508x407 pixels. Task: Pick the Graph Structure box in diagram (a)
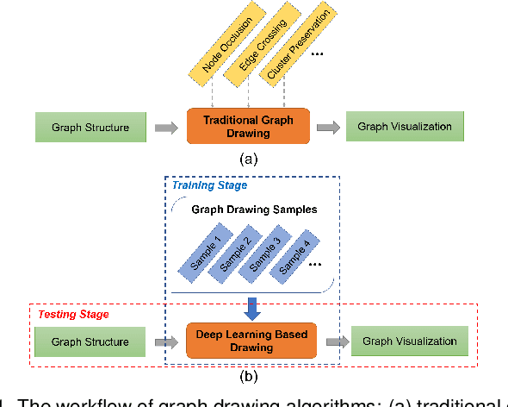click(90, 128)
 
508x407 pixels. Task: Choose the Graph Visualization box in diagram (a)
click(405, 128)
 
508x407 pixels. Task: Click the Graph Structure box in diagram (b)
click(90, 341)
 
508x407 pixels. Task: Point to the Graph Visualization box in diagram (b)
click(409, 341)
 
